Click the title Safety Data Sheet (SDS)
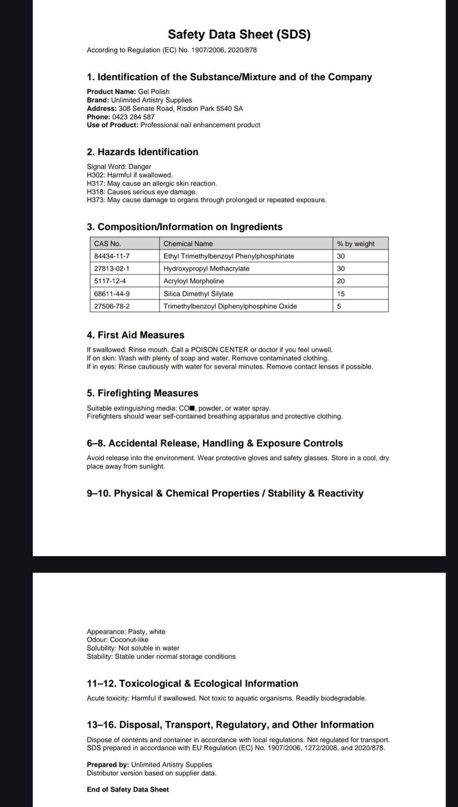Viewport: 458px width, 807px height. (239, 35)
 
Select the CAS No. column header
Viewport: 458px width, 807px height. (108, 244)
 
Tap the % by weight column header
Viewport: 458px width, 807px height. (355, 244)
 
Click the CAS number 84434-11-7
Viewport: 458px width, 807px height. (112, 256)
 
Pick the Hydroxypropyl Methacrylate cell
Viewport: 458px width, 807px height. (206, 269)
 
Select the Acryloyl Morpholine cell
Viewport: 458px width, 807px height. (194, 281)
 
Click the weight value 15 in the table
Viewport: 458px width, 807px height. (341, 294)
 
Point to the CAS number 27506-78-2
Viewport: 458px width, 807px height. (112, 306)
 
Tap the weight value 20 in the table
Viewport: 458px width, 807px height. (341, 281)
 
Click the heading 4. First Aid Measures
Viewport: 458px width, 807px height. (136, 335)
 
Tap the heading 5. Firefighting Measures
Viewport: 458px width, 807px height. (143, 393)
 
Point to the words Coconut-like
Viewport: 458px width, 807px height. (129, 639)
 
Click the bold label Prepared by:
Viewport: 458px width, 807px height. (108, 764)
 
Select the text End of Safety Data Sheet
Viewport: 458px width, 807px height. (128, 789)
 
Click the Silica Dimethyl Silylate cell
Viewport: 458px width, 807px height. (198, 294)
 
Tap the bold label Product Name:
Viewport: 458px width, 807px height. (111, 92)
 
